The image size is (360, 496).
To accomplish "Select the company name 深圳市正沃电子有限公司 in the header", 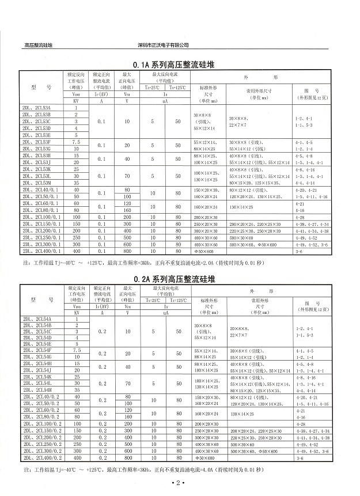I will [x=164, y=45].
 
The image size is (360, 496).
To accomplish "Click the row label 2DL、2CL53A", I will [x=36, y=108].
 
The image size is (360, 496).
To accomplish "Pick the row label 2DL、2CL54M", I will [x=36, y=390].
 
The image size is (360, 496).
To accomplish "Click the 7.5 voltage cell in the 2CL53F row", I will [x=76, y=141].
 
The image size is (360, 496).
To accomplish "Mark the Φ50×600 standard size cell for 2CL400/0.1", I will [x=204, y=251].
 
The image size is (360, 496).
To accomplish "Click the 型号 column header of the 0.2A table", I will [x=41, y=300].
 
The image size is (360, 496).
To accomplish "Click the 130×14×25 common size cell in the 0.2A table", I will [x=242, y=414].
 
